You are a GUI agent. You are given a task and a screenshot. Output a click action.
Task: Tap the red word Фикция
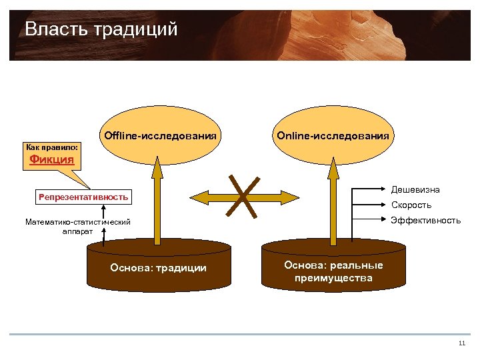tap(52, 160)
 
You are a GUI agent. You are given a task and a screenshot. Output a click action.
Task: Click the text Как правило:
tap(52, 146)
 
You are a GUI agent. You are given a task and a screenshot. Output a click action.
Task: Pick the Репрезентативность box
tap(83, 197)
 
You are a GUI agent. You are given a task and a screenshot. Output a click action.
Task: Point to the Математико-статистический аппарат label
tap(78, 226)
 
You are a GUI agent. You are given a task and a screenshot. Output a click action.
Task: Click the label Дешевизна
tap(415, 191)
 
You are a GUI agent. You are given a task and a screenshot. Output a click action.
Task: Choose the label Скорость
tap(411, 205)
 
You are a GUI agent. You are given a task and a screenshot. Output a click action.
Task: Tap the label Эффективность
tap(425, 220)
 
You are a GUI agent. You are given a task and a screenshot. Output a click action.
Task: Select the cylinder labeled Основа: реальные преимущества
tap(333, 271)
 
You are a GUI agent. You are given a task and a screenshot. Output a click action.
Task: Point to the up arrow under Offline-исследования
tap(157, 200)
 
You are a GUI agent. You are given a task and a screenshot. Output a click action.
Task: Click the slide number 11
tap(461, 343)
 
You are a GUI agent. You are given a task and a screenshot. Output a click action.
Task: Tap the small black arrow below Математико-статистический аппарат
tap(105, 235)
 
